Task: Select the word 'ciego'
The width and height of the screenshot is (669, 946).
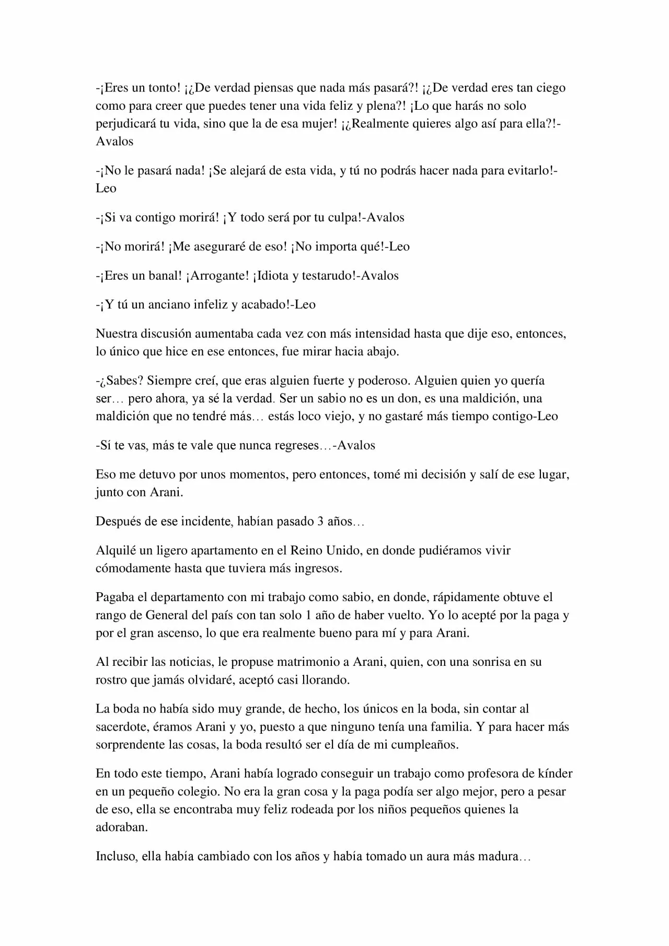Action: tap(549, 88)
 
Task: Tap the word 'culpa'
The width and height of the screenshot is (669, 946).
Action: tap(342, 217)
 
